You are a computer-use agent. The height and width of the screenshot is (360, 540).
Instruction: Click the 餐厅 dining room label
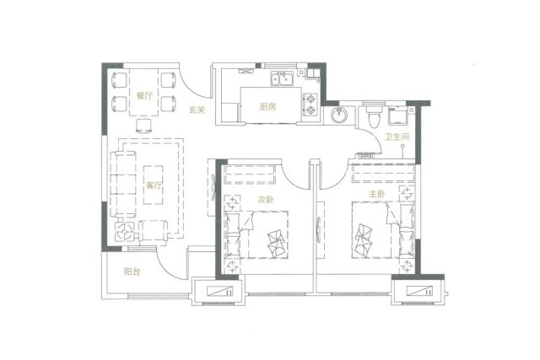pos(144,96)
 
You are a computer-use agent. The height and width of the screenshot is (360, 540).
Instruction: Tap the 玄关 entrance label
pos(197,110)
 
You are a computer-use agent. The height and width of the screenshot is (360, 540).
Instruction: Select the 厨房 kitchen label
pos(267,107)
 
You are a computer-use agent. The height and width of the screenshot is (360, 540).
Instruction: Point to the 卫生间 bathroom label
pos(397,137)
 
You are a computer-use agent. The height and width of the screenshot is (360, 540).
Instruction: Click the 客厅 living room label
pos(154,185)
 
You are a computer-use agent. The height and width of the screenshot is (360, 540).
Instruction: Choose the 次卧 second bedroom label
pos(266,199)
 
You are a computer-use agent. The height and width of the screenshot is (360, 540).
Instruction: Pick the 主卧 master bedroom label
pos(376,194)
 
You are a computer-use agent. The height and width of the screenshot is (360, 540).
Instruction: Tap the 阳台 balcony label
pos(132,271)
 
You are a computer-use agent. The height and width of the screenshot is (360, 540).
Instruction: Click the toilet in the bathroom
pos(373,116)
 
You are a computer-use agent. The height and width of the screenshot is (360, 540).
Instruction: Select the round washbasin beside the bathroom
pos(339,114)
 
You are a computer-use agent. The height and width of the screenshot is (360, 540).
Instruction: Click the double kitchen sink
pos(282,78)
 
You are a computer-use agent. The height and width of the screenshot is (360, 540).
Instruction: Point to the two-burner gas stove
pos(310,105)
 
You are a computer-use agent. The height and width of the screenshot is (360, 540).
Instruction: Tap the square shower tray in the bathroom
pos(398,116)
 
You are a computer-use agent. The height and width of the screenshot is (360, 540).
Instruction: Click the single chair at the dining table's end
pos(143,126)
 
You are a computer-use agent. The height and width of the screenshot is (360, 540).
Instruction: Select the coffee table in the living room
pos(154,185)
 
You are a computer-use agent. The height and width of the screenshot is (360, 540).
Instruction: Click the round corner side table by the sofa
pos(124,230)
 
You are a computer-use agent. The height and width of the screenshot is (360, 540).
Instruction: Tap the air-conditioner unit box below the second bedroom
pos(219,292)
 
